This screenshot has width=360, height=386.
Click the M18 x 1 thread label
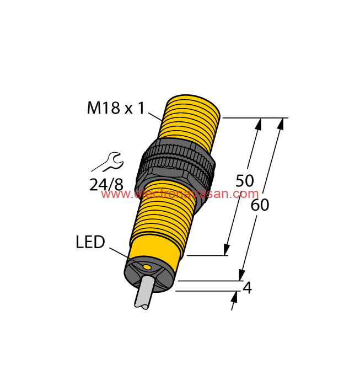coord(115,108)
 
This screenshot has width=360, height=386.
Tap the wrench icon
coord(109,162)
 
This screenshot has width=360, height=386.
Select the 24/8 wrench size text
coord(106,184)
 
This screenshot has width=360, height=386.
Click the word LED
coord(90,242)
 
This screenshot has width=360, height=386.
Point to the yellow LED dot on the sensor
coord(147,267)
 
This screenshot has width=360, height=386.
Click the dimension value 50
coord(245,180)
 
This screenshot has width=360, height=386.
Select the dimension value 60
coord(260,205)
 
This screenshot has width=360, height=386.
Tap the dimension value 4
coord(248,288)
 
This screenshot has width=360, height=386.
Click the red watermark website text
coord(180,194)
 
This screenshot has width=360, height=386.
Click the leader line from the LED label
coord(123,255)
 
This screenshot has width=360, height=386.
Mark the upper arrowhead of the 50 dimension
coord(257,124)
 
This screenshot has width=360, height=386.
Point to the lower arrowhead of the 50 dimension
coord(226,249)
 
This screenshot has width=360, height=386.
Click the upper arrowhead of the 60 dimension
coord(281,124)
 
